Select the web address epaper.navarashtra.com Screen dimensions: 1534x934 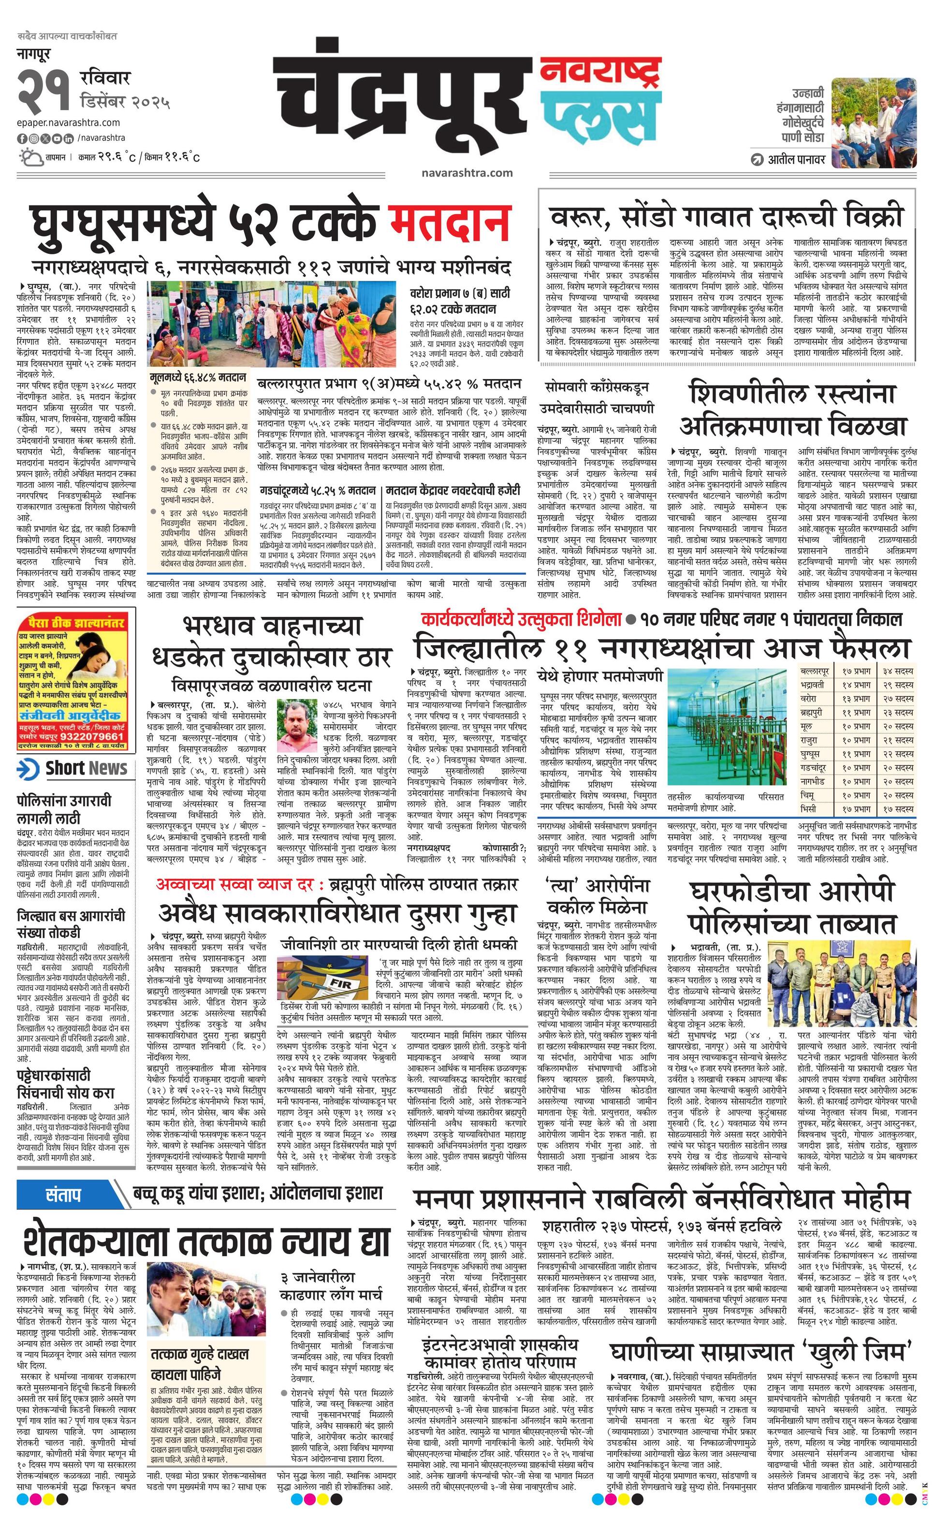(69, 123)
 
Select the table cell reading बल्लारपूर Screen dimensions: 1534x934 (815, 671)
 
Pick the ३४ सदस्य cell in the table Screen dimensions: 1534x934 (897, 671)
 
